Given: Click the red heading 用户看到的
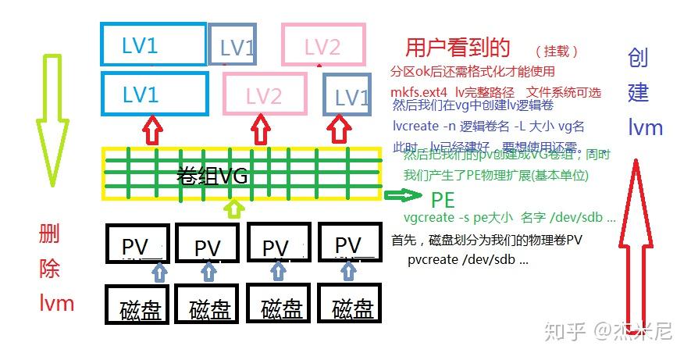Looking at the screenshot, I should pos(458,48).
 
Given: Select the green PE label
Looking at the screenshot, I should pos(443,198).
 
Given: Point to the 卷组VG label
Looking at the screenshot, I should pos(212,176).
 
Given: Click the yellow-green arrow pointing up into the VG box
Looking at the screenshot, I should pos(233,207).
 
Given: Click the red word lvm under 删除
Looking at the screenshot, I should pos(56,302).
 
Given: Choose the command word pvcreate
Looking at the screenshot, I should pos(433,259).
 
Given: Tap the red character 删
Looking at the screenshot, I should pos(49,233).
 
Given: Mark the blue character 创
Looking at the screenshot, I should pos(639,57).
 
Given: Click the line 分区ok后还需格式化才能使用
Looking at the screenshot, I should pos(473,72).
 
